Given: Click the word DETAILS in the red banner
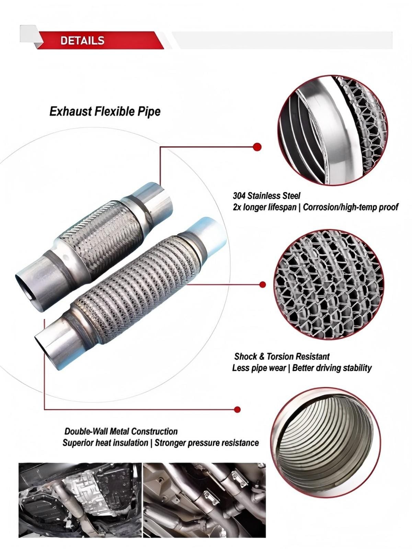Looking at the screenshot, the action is (82, 41).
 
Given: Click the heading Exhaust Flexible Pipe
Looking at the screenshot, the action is (105, 111).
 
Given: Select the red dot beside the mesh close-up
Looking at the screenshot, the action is (262, 284).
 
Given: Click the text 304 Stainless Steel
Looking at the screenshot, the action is (266, 196).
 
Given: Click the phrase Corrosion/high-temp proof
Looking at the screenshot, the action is (350, 207).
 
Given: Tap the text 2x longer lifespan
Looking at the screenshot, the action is (264, 207).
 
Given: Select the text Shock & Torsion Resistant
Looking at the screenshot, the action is (282, 356).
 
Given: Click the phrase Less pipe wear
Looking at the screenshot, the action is (259, 368).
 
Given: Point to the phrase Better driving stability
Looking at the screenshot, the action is (332, 368).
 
